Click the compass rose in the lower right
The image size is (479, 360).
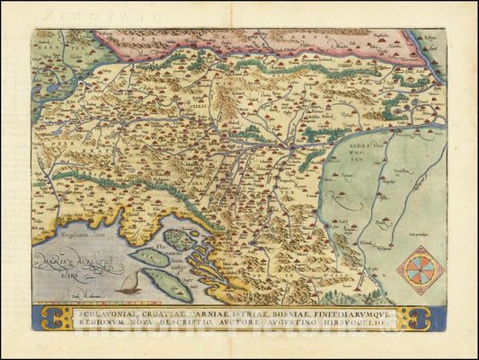420,270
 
